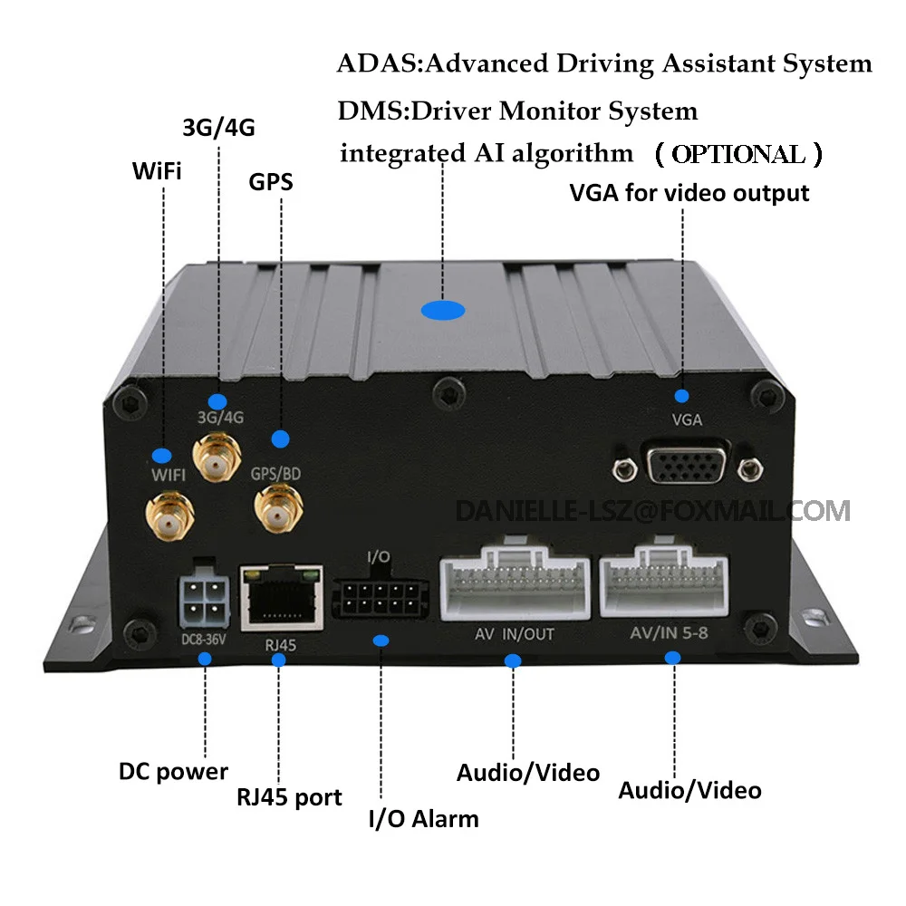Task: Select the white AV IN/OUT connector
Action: coord(512,582)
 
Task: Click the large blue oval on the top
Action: coord(443,311)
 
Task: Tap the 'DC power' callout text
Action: coord(173,772)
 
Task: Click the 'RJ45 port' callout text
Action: coord(289,797)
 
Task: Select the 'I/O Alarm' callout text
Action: coord(422,820)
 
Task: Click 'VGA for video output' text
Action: coord(689,193)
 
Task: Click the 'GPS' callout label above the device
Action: coord(271,182)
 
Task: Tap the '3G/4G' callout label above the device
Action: coord(218,128)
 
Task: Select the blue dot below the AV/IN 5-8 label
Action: coord(672,657)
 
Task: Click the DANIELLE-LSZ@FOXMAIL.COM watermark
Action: coord(652,510)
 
